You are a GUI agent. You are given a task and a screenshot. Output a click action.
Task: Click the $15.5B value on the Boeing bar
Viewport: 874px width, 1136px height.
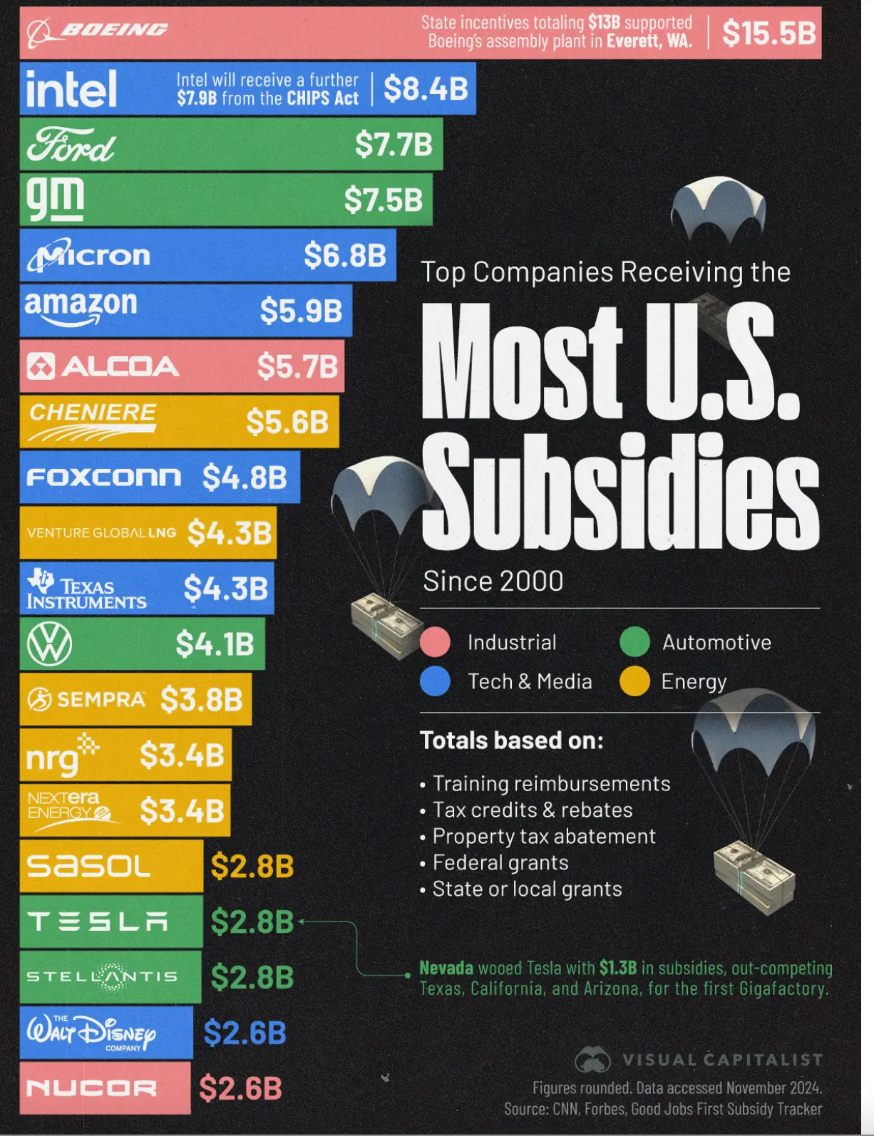point(768,33)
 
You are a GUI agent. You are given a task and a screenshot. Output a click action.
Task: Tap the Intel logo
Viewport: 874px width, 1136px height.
point(71,89)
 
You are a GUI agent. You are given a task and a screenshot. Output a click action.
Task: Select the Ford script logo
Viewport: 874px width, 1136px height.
point(71,145)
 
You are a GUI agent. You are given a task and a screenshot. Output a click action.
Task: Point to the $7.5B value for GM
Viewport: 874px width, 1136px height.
point(384,200)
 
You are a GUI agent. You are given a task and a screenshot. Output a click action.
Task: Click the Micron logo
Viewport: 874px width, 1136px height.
point(89,255)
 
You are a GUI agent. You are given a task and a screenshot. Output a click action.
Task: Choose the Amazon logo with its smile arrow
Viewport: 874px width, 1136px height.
point(81,308)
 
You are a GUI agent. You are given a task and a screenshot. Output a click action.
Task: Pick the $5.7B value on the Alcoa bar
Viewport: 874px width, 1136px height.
point(297,366)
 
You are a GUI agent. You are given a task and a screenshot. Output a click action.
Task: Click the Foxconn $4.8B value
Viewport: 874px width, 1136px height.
point(245,477)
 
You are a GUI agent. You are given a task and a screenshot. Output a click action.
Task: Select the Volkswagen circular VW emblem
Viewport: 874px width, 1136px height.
point(49,644)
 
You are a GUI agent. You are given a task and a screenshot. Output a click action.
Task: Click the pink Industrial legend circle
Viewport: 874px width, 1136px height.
point(435,642)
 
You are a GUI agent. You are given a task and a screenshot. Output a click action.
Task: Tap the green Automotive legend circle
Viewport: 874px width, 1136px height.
point(634,642)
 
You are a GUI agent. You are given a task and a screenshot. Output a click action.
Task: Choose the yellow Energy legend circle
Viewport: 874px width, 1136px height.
point(634,681)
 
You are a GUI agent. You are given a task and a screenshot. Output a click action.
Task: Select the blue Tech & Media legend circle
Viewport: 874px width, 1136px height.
point(435,681)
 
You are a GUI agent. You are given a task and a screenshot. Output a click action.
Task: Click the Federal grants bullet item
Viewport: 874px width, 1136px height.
point(500,863)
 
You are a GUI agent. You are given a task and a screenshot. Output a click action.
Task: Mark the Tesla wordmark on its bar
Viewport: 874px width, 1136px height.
point(98,922)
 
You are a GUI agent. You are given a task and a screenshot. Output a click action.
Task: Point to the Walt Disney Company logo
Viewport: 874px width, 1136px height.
point(91,1033)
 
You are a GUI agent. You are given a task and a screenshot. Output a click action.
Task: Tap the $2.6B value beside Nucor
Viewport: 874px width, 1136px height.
point(240,1088)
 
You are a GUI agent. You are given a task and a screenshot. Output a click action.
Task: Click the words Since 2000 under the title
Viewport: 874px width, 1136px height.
point(493,582)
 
